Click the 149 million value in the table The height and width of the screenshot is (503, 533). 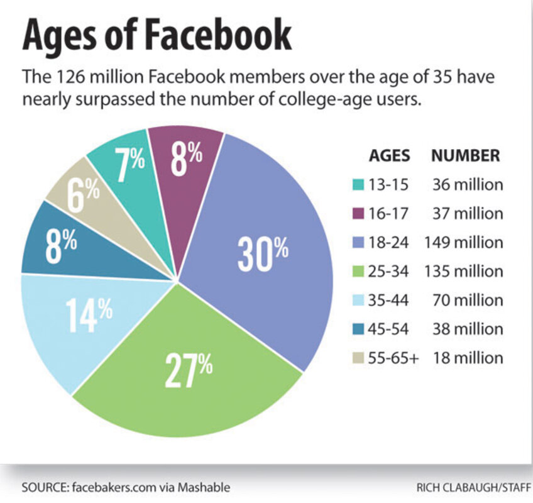coord(464,243)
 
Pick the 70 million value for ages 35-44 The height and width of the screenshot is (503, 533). coord(468,300)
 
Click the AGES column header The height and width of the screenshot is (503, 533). coord(389,156)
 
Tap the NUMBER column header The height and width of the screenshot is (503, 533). coord(466,156)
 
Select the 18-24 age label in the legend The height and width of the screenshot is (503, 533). coord(389,243)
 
